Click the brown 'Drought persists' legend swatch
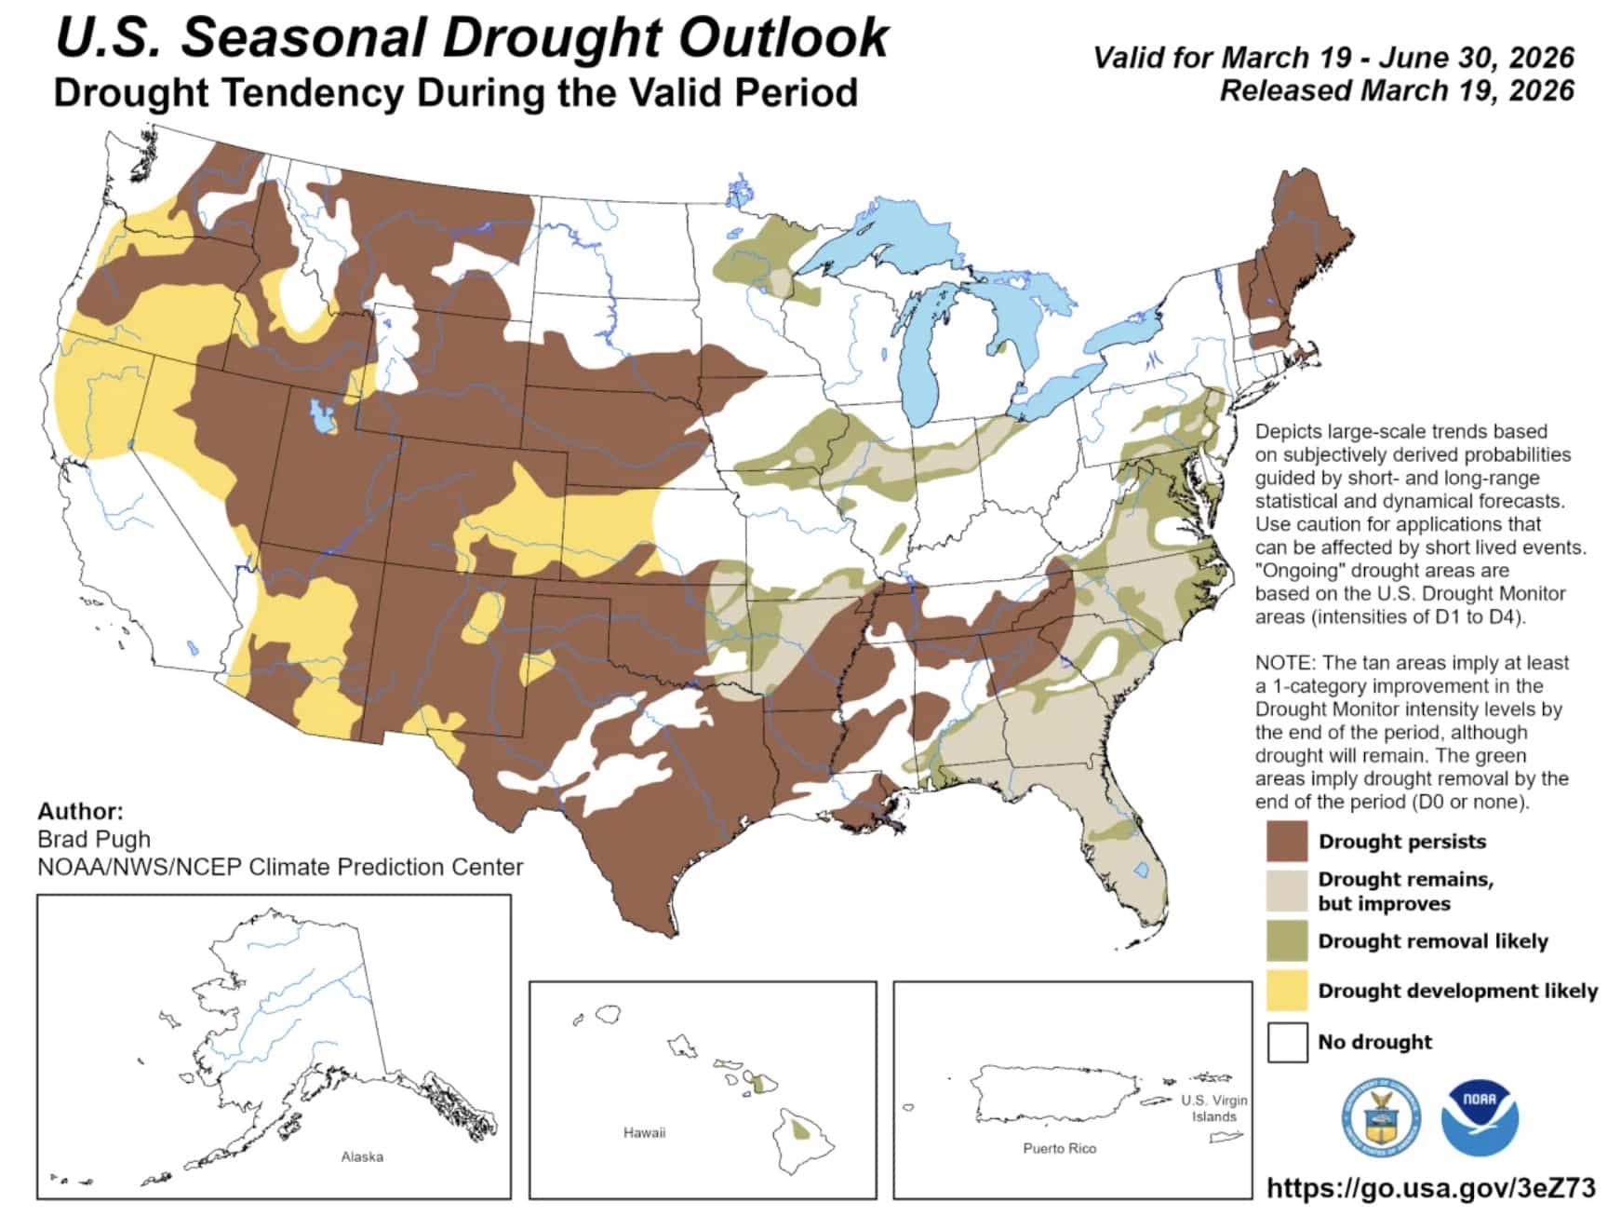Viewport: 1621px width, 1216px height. point(1287,841)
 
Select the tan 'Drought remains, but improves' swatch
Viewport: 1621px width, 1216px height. point(1287,891)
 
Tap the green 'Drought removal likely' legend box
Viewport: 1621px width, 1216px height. point(1287,940)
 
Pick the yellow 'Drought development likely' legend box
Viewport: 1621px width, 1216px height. point(1287,991)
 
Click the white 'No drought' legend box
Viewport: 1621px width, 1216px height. point(1287,1041)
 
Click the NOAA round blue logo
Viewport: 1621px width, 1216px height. point(1480,1118)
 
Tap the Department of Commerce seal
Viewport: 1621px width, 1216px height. point(1381,1118)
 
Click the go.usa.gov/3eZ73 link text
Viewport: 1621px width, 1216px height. point(1431,1187)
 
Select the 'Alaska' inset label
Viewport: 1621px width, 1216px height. point(362,1156)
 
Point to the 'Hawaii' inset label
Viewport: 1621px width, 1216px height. point(644,1132)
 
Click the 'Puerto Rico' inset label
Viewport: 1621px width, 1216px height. point(1059,1148)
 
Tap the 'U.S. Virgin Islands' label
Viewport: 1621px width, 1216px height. point(1213,1108)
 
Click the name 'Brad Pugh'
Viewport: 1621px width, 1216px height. point(94,838)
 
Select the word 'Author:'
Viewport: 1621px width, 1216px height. point(80,811)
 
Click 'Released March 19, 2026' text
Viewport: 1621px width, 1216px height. point(1396,91)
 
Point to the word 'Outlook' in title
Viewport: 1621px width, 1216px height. point(783,39)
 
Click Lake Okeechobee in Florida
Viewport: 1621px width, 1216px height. point(1142,871)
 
